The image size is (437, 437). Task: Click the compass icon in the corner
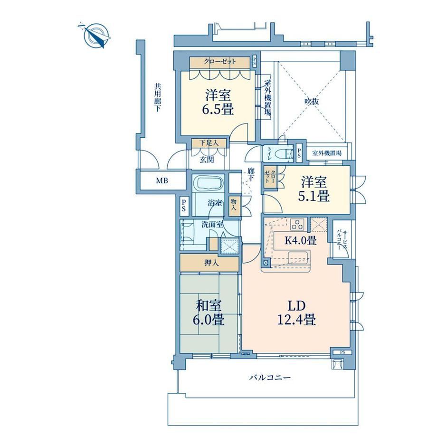pyautogui.click(x=96, y=36)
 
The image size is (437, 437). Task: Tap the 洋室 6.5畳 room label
pyautogui.click(x=218, y=102)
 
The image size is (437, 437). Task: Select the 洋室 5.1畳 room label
pyautogui.click(x=314, y=189)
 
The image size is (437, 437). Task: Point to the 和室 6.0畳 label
pyautogui.click(x=209, y=313)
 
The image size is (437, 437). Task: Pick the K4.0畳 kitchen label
pyautogui.click(x=300, y=240)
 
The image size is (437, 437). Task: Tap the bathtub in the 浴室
pyautogui.click(x=209, y=183)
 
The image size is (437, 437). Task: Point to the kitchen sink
pyautogui.click(x=298, y=258)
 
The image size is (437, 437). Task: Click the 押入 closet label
pyautogui.click(x=211, y=263)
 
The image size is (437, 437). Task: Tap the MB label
pyautogui.click(x=162, y=181)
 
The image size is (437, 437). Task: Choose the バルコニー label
pyautogui.click(x=270, y=378)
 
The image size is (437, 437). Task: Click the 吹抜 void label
pyautogui.click(x=311, y=102)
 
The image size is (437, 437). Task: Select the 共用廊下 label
pyautogui.click(x=158, y=98)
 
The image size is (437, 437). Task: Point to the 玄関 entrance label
pyautogui.click(x=207, y=160)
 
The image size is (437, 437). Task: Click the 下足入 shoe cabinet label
pyautogui.click(x=209, y=143)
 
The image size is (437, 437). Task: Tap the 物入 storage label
pyautogui.click(x=234, y=205)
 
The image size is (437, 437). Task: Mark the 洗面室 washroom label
pyautogui.click(x=212, y=224)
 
